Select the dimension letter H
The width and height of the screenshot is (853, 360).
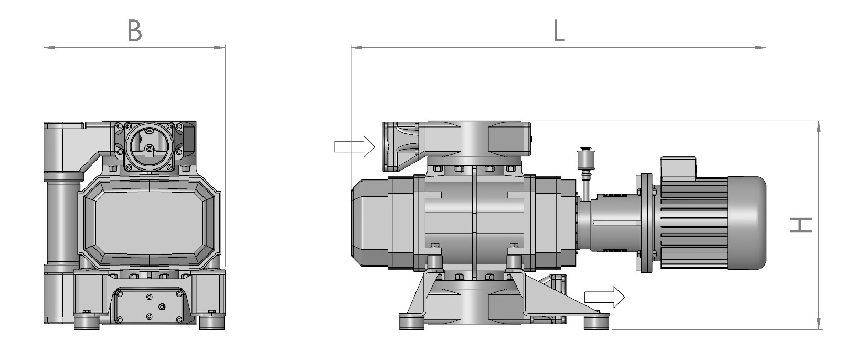coord(801,225)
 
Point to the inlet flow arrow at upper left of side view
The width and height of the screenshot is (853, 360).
coord(355,146)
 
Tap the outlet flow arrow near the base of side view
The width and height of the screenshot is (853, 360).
coord(605,297)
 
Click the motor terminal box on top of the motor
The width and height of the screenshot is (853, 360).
coord(678,167)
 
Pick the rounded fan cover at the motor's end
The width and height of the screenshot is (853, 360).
coord(747,223)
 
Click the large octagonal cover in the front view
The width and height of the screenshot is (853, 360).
coord(150,223)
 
